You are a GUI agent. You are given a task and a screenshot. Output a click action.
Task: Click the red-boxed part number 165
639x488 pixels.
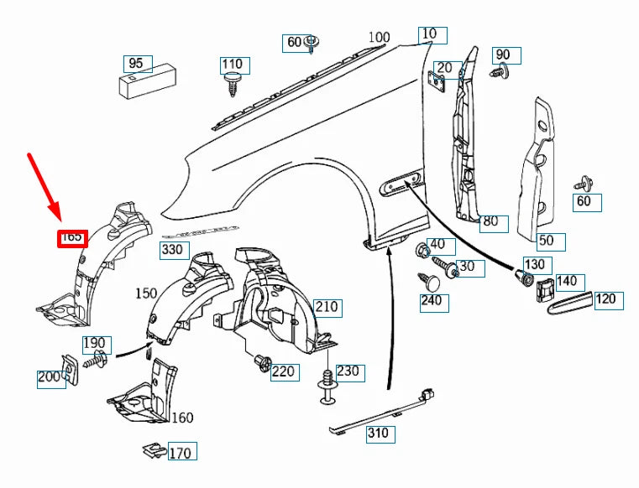pos(72,238)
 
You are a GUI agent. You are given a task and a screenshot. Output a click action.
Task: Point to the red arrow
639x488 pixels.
pos(44,187)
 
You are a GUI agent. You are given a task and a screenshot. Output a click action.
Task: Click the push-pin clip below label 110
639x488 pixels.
pos(232,84)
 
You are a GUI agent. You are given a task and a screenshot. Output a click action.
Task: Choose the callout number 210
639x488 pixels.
pos(327,308)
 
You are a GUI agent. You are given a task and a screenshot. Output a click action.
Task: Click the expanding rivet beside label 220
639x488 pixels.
pos(263,362)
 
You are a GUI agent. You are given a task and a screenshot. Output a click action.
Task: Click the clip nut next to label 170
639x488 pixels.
pos(154,449)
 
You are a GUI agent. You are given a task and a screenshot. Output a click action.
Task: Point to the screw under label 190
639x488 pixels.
pos(97,359)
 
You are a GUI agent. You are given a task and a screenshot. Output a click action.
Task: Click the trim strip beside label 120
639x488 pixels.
pos(570,304)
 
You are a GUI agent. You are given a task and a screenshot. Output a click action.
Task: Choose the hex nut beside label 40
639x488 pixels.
pos(422,250)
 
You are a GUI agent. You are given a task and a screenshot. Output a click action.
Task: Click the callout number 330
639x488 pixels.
pos(175,251)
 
